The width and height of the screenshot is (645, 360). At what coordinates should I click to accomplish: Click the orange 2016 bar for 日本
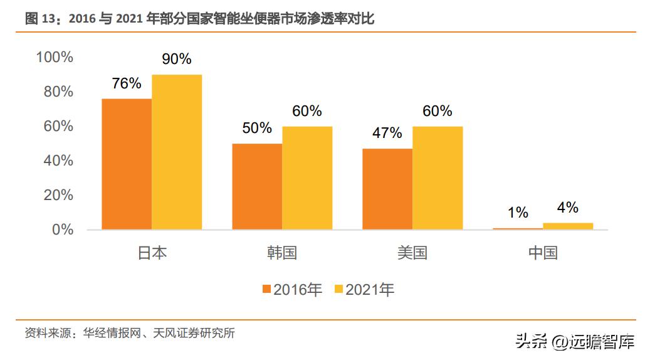127,164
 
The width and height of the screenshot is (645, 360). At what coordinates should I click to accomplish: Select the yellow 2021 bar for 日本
177,152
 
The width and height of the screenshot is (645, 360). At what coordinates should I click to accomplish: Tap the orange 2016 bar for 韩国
257,186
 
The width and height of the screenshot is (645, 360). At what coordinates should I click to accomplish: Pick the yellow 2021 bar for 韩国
307,177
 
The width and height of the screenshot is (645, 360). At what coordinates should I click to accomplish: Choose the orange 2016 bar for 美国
387,189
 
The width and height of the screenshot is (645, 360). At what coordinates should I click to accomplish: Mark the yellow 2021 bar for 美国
438,177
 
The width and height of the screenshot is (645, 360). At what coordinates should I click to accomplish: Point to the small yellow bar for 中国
568,226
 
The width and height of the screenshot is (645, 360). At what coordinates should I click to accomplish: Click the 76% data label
127,83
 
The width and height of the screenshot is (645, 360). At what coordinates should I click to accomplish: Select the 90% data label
177,60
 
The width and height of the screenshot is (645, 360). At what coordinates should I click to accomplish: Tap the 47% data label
387,133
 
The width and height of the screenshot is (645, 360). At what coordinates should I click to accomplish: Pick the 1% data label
518,213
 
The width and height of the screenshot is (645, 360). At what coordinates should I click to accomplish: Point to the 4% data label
568,208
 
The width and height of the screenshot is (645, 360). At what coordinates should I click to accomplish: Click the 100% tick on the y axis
55,57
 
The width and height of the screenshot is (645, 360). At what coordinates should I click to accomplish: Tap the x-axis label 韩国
282,253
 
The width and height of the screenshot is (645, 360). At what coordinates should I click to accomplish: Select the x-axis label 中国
543,253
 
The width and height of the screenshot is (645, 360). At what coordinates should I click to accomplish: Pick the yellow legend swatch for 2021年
339,289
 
